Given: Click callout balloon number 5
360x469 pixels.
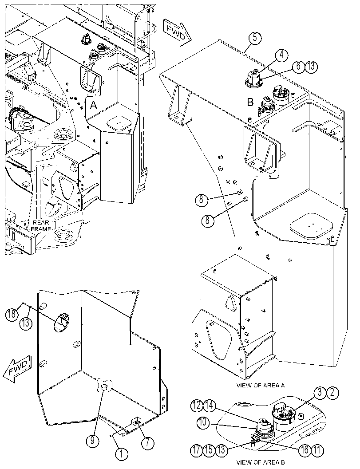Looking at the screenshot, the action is [x=255, y=39].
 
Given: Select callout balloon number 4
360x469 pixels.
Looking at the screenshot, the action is [x=282, y=55].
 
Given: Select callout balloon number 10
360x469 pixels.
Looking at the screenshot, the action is [x=203, y=422].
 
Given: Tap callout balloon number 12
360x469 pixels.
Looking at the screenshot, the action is [x=197, y=405].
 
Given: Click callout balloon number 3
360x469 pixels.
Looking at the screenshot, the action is [x=320, y=392].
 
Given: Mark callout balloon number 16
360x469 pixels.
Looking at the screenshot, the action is [x=305, y=450].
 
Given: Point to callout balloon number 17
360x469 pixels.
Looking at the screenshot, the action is [x=197, y=450].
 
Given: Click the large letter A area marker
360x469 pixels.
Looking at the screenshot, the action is [x=94, y=106].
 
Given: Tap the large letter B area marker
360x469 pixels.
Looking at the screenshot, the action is [x=250, y=102].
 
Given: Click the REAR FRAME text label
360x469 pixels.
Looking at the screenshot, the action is [x=41, y=226].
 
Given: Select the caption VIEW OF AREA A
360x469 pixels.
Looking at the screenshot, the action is [x=261, y=385].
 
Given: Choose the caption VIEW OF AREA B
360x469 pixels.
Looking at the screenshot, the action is [x=261, y=462].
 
